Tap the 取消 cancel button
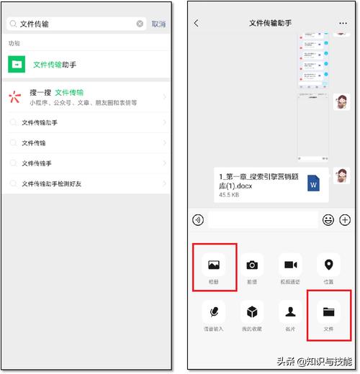[x=158, y=24]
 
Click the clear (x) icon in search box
[x=140, y=24]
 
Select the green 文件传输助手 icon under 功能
[x=17, y=65]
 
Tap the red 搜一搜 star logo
[x=16, y=98]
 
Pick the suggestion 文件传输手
[x=37, y=163]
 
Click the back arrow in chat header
[x=197, y=23]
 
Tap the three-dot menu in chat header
[x=343, y=23]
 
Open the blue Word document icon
[x=314, y=184]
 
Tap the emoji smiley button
[x=328, y=220]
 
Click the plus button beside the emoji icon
[x=345, y=220]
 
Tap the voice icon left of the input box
[x=198, y=220]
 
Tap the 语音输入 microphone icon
[x=214, y=312]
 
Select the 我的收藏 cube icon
[x=252, y=312]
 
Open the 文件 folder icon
[x=329, y=312]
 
